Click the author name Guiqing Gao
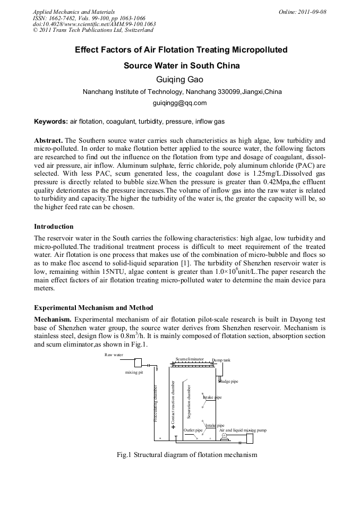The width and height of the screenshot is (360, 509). point(179,80)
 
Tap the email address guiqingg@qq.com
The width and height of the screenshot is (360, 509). point(179,103)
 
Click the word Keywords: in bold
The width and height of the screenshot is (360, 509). point(51,122)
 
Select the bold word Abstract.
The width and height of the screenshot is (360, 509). point(48,140)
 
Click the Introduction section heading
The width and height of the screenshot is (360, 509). point(54,227)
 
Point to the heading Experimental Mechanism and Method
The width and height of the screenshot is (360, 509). point(93,307)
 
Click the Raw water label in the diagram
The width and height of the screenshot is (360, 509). point(114,354)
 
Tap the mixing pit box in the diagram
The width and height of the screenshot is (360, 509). point(138,363)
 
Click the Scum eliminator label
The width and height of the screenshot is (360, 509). point(190,359)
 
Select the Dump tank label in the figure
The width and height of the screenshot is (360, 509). point(221,360)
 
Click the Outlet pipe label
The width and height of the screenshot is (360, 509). point(193,430)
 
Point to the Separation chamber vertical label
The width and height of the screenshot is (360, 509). point(188,403)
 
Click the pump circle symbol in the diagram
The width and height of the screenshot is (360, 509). point(224,436)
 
